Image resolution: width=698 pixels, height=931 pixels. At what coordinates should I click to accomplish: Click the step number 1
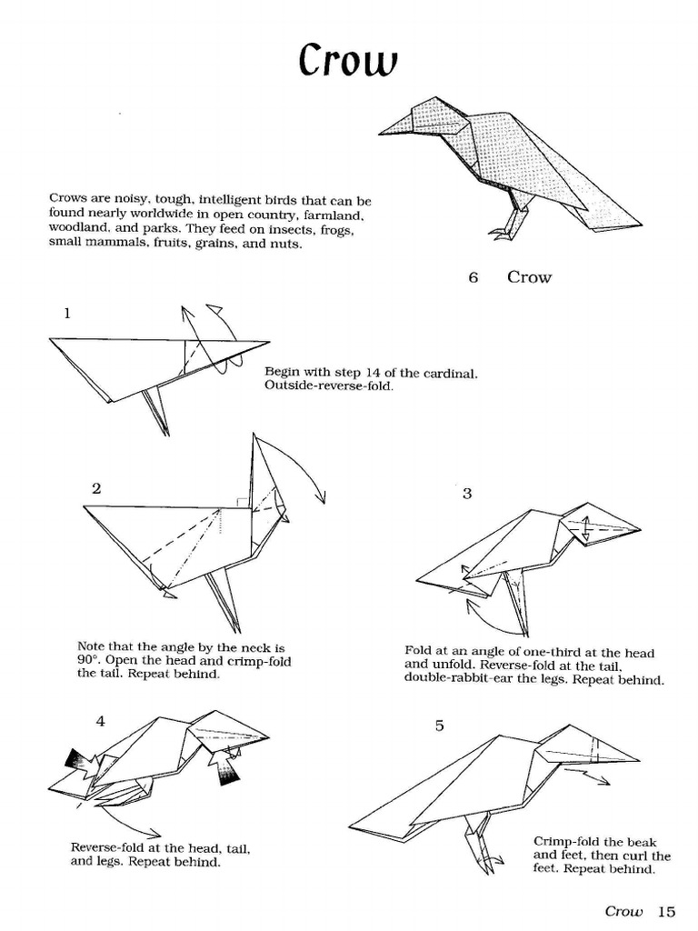coord(67,313)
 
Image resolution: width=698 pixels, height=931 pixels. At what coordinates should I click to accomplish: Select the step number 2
coord(96,487)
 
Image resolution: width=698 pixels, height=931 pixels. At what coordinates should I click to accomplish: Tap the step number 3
coord(467,494)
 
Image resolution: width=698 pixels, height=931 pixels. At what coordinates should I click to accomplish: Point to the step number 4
coord(100,721)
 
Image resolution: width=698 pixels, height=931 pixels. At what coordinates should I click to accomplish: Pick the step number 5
coord(439,725)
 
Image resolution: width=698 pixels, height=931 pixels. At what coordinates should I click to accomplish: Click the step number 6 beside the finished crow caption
coord(473,277)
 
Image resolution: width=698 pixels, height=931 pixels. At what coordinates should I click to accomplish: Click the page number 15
coord(667,911)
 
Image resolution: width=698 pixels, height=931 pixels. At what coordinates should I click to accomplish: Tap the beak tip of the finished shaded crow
coord(381,134)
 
